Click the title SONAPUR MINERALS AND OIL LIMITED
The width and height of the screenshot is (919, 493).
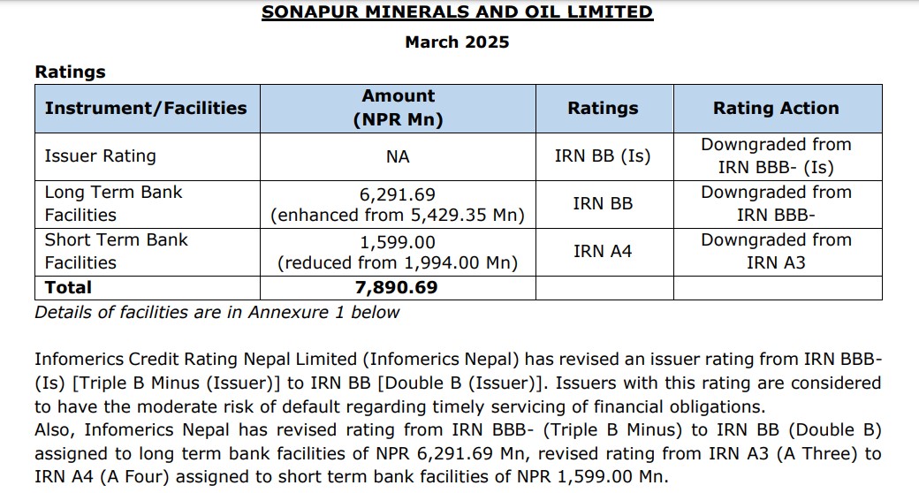pos(457,12)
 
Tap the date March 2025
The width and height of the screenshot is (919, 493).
pos(457,42)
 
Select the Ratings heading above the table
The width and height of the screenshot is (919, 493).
pos(70,72)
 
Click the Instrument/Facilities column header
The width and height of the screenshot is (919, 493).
pos(146,108)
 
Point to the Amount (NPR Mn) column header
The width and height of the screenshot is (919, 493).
pos(398,108)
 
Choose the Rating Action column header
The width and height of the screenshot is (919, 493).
pos(776,108)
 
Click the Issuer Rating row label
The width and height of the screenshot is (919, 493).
pos(100,156)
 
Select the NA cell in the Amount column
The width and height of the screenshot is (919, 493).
pos(398,156)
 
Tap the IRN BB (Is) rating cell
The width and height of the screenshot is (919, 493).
pos(603,156)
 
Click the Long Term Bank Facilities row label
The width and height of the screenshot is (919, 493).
pos(113,203)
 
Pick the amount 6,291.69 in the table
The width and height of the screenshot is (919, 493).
pos(398,193)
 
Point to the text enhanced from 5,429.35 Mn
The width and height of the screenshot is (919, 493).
pos(398,215)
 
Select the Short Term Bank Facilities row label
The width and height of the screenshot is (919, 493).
pos(116,251)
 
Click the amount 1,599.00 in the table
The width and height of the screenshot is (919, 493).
pos(398,241)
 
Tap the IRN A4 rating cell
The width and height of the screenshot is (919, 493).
pos(603,251)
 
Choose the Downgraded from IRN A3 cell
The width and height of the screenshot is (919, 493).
pos(776,251)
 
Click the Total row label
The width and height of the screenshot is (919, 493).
pos(68,287)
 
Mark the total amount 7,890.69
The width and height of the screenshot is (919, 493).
pos(398,287)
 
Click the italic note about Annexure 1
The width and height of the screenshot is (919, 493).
pos(216,312)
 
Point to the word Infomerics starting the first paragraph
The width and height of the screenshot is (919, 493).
pos(78,360)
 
